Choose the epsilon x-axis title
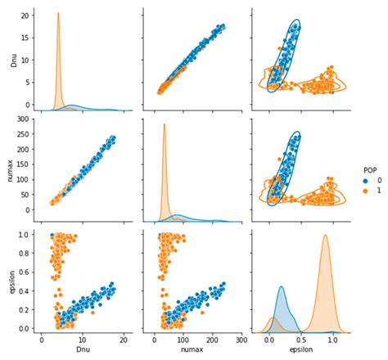[x=297, y=350]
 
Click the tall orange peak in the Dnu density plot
[x=58, y=14]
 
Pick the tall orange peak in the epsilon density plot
[x=325, y=236]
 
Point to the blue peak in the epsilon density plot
[x=282, y=287]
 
